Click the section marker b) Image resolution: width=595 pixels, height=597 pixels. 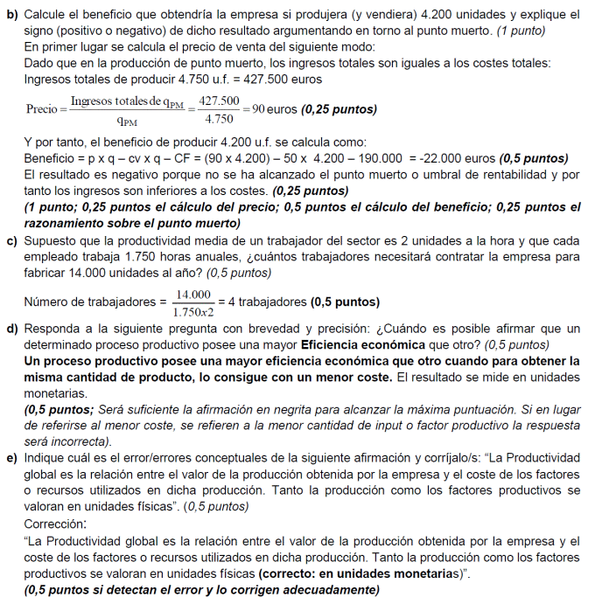point(11,15)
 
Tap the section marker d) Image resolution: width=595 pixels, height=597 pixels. point(11,329)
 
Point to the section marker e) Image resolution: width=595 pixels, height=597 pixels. point(11,456)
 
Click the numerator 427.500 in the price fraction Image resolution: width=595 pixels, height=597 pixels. point(219,102)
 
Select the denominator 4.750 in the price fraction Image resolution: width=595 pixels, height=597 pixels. point(219,119)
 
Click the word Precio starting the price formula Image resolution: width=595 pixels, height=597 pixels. point(42,111)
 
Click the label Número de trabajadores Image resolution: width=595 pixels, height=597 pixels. point(91,303)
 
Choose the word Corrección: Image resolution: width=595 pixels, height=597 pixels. point(56,524)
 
